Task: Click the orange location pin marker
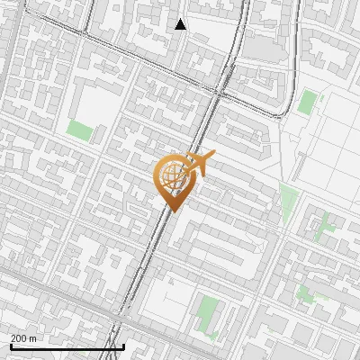(172, 180)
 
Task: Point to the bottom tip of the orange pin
(170, 212)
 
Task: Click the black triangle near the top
(181, 24)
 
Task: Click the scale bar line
(67, 346)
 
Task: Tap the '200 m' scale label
(24, 338)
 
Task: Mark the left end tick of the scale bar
(11, 346)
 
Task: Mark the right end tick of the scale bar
(123, 346)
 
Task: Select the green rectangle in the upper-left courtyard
(81, 130)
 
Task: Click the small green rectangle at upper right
(308, 102)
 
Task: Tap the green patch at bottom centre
(210, 312)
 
